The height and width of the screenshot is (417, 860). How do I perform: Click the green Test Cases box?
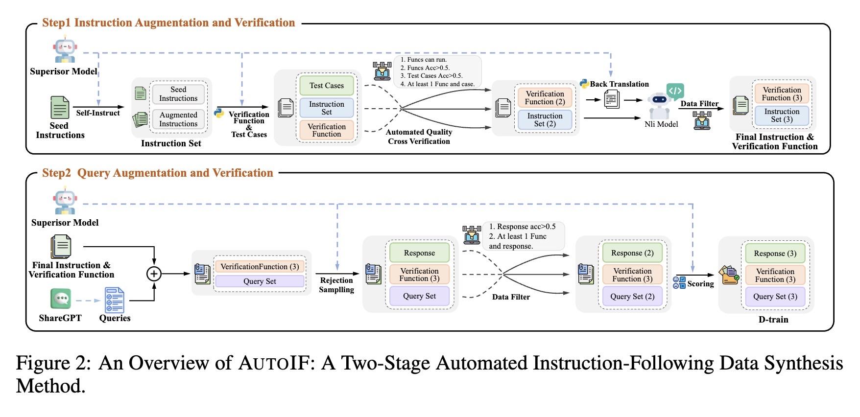pyautogui.click(x=327, y=86)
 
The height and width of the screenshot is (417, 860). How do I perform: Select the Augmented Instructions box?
pyautogui.click(x=178, y=119)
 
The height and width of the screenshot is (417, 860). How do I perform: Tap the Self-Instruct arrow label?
pyautogui.click(x=98, y=113)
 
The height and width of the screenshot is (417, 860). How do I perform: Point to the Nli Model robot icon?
pyautogui.click(x=660, y=104)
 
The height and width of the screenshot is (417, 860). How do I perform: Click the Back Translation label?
pyautogui.click(x=619, y=84)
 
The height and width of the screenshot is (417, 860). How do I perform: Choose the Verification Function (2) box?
pyautogui.click(x=545, y=97)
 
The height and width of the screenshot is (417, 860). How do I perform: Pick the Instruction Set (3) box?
pyautogui.click(x=782, y=116)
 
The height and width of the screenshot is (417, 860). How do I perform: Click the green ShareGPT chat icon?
pyautogui.click(x=61, y=299)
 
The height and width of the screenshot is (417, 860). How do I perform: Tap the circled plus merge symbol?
pyautogui.click(x=154, y=274)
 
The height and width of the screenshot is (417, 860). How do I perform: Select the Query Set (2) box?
pyautogui.click(x=632, y=297)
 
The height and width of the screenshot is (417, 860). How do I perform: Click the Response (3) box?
pyautogui.click(x=775, y=254)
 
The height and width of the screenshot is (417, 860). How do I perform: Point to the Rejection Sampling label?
pyautogui.click(x=336, y=285)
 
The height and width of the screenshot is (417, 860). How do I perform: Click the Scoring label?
pyautogui.click(x=700, y=284)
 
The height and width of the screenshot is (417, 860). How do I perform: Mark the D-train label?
pyautogui.click(x=773, y=320)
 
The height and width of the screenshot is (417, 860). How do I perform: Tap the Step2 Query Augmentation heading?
pyautogui.click(x=157, y=173)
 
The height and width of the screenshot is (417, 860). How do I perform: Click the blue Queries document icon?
pyautogui.click(x=115, y=300)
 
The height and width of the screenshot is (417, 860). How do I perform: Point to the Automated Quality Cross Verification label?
pyautogui.click(x=419, y=137)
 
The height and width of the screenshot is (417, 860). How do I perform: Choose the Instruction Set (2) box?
pyautogui.click(x=545, y=119)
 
